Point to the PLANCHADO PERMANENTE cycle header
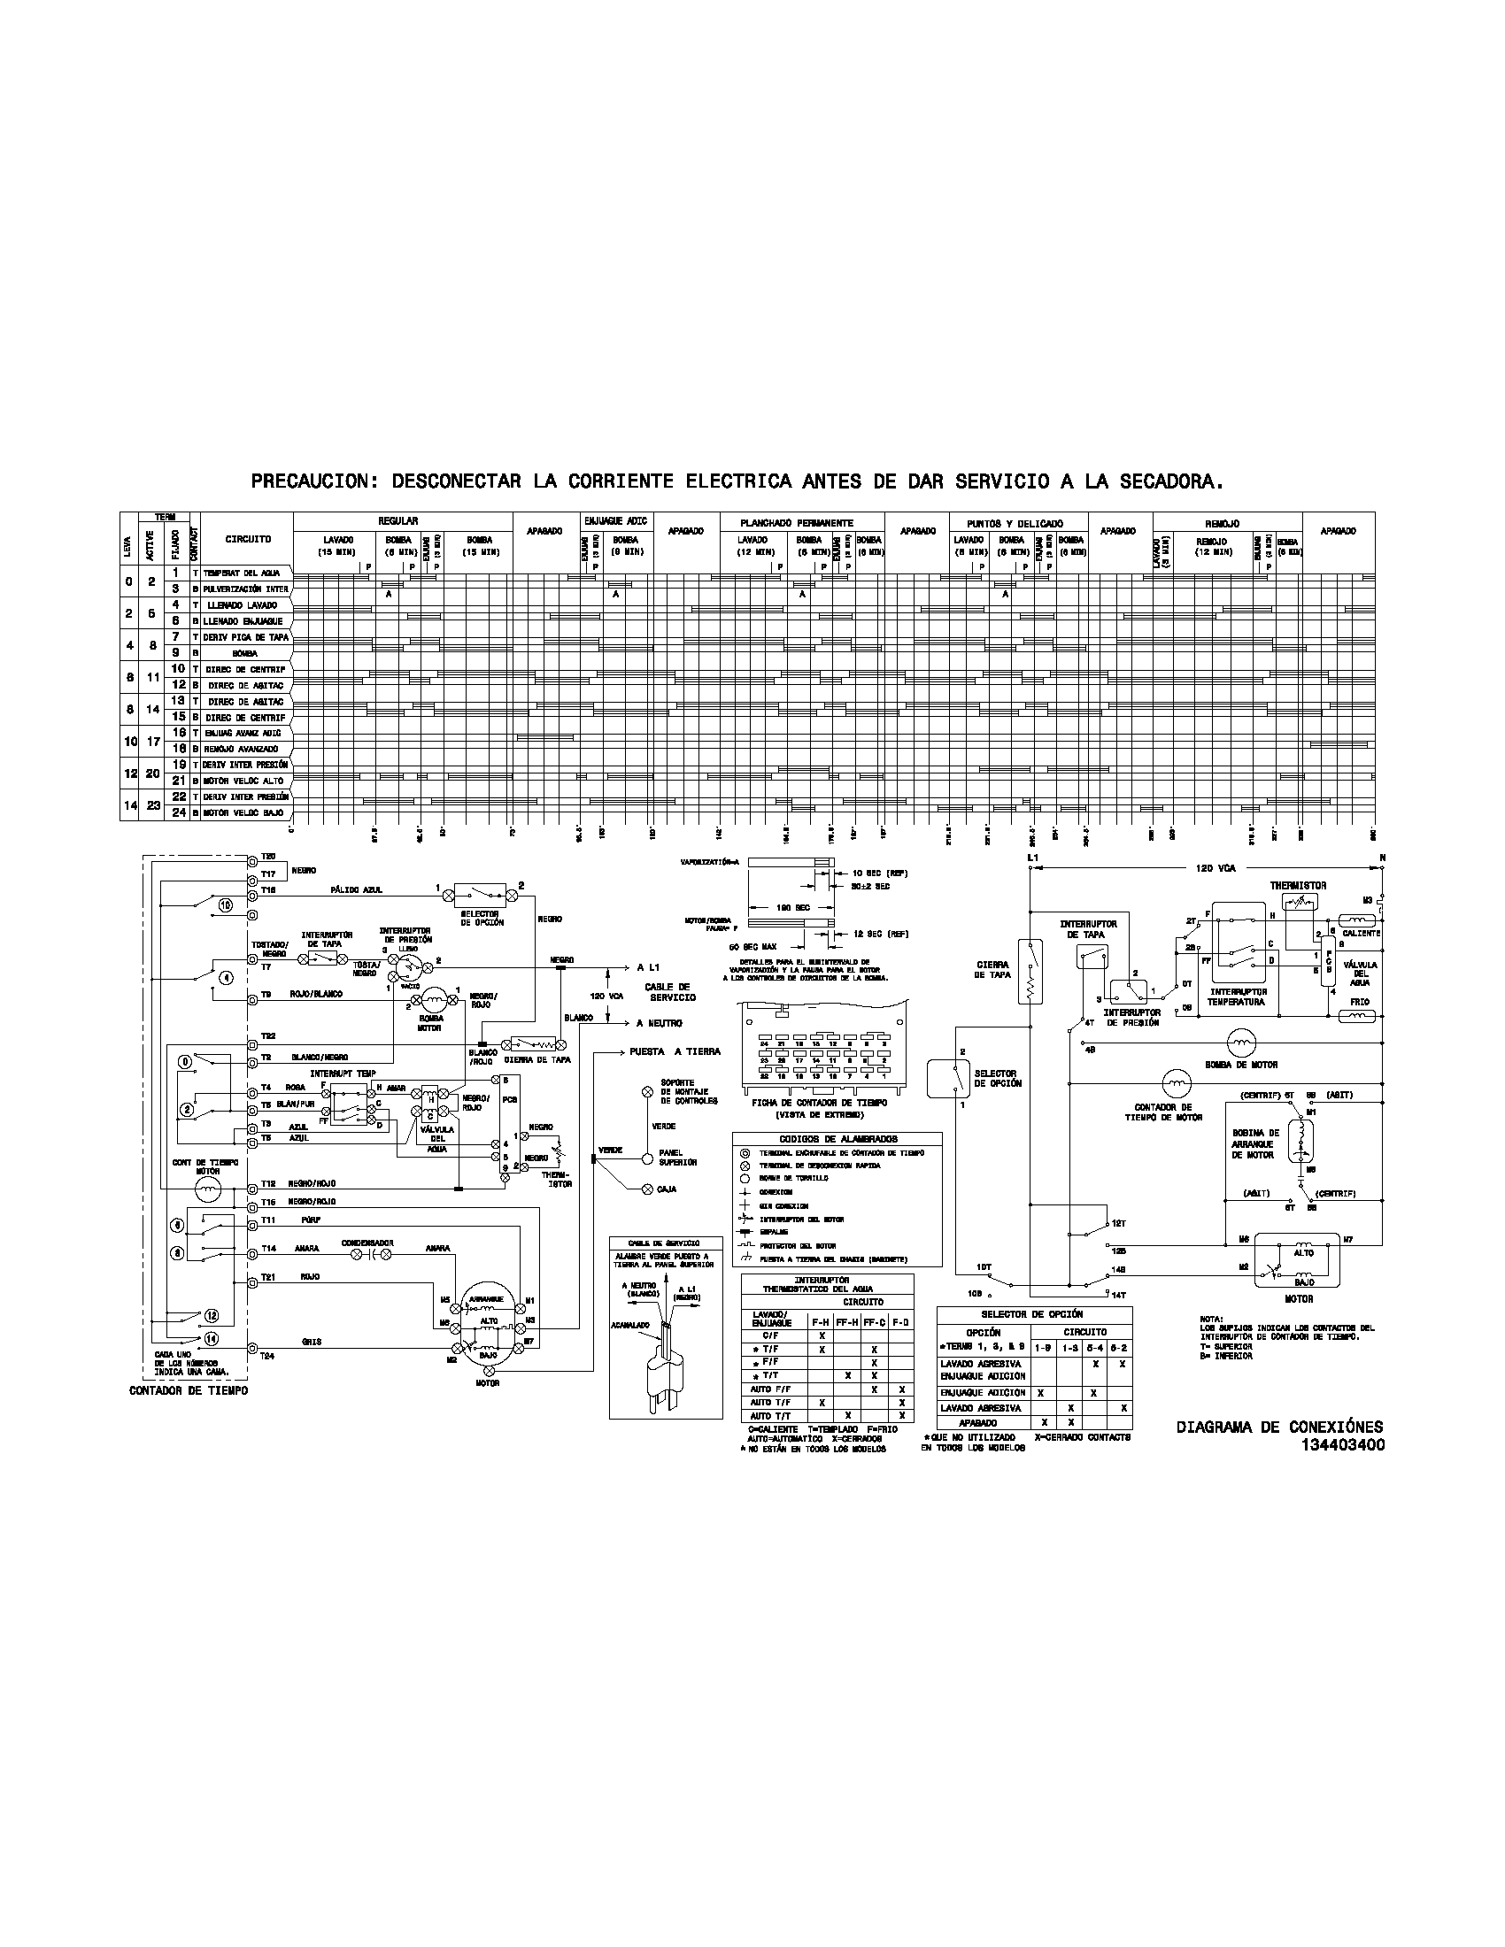(796, 522)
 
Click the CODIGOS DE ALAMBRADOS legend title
(837, 1138)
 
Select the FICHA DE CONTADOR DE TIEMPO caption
(821, 1103)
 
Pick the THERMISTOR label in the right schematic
(1297, 886)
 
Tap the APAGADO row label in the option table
(977, 1424)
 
